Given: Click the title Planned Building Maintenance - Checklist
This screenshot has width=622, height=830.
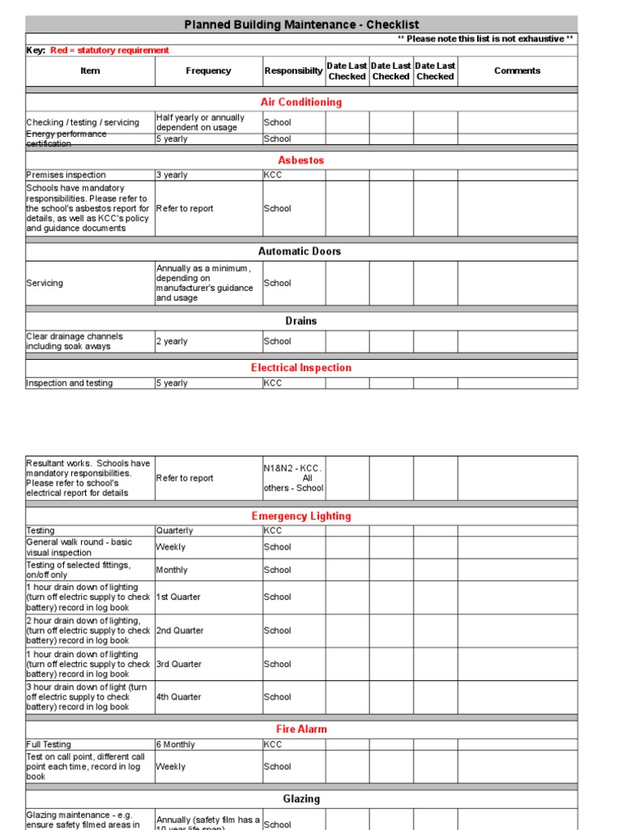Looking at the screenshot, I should point(301,24).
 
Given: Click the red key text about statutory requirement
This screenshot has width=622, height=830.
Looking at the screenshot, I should point(109,50).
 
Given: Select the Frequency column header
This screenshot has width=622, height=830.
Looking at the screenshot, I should point(208,71).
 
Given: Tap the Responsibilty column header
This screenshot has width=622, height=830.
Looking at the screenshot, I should point(293,71).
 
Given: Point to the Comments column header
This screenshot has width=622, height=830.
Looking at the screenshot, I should point(517,71).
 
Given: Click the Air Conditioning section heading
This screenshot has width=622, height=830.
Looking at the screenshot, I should point(301,102).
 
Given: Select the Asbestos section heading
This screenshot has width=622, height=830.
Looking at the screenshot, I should point(301,160).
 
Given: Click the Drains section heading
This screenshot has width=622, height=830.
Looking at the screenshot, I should point(301,321).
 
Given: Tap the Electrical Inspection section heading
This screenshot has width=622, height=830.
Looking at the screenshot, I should point(301,368).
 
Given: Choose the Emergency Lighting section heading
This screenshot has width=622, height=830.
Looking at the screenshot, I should point(301,516).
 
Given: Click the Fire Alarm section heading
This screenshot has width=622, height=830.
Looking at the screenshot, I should point(301,729).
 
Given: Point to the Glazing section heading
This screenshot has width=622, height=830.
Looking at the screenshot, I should point(301,799).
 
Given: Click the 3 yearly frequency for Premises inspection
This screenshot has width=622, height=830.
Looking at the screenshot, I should point(172,175).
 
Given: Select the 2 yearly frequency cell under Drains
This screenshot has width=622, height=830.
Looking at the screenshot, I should point(172,341).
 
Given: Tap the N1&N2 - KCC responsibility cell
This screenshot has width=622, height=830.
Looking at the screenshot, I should point(293,478).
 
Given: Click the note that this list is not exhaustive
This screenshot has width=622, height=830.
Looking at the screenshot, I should point(486,39).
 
